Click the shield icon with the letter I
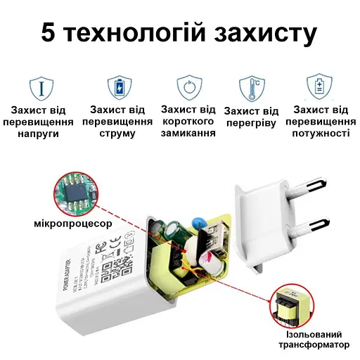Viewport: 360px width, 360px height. (x=41, y=87)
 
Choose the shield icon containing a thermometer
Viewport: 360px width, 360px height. (x=251, y=87)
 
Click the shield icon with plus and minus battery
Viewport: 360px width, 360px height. (x=321, y=87)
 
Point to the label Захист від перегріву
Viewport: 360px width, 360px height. (x=251, y=118)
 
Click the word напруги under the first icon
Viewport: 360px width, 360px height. (x=42, y=133)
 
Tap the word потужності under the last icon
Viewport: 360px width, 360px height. (x=321, y=133)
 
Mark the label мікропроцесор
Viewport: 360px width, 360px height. (x=73, y=224)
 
